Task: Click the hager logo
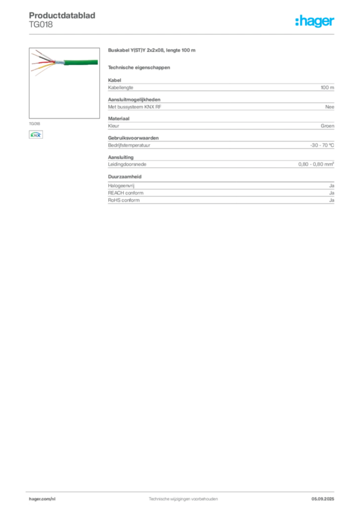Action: (315, 21)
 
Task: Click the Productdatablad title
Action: (62, 15)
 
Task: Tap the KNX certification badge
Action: (36, 135)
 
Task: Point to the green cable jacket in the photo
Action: (81, 62)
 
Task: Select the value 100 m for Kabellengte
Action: (327, 87)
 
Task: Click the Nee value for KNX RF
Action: (330, 107)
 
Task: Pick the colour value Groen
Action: (327, 126)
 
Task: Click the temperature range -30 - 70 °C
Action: (322, 145)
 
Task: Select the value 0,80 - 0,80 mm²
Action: (316, 164)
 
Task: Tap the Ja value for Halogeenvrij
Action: (332, 186)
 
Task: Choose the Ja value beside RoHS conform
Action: (332, 200)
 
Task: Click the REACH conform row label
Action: (126, 193)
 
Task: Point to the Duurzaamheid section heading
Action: (125, 176)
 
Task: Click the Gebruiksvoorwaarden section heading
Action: (133, 138)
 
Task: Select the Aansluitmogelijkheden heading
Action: (134, 99)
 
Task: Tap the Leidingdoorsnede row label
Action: (127, 164)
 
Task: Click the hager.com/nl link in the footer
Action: (42, 499)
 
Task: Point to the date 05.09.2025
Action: (323, 499)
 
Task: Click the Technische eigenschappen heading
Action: (139, 68)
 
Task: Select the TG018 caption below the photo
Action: (34, 124)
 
